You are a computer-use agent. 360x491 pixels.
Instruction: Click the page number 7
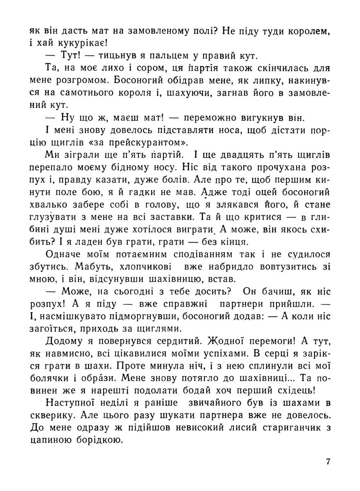click(x=328, y=462)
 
